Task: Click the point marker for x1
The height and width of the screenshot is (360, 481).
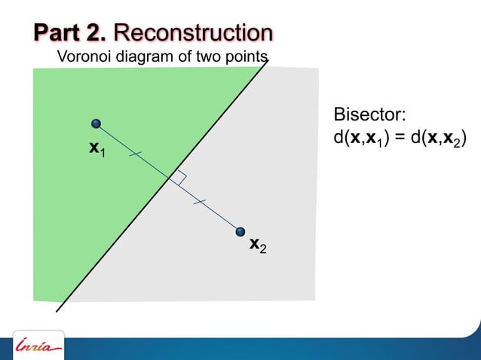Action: click(96, 124)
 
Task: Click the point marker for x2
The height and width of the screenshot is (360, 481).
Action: click(240, 231)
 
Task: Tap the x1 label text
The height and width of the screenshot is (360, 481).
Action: click(97, 149)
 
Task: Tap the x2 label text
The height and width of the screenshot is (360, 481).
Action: click(258, 245)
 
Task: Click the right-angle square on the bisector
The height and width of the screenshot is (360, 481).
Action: click(179, 177)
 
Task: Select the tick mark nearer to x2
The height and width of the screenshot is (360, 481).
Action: click(198, 201)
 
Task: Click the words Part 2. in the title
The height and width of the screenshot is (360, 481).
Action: click(72, 33)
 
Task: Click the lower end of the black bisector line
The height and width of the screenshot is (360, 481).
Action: click(57, 310)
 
